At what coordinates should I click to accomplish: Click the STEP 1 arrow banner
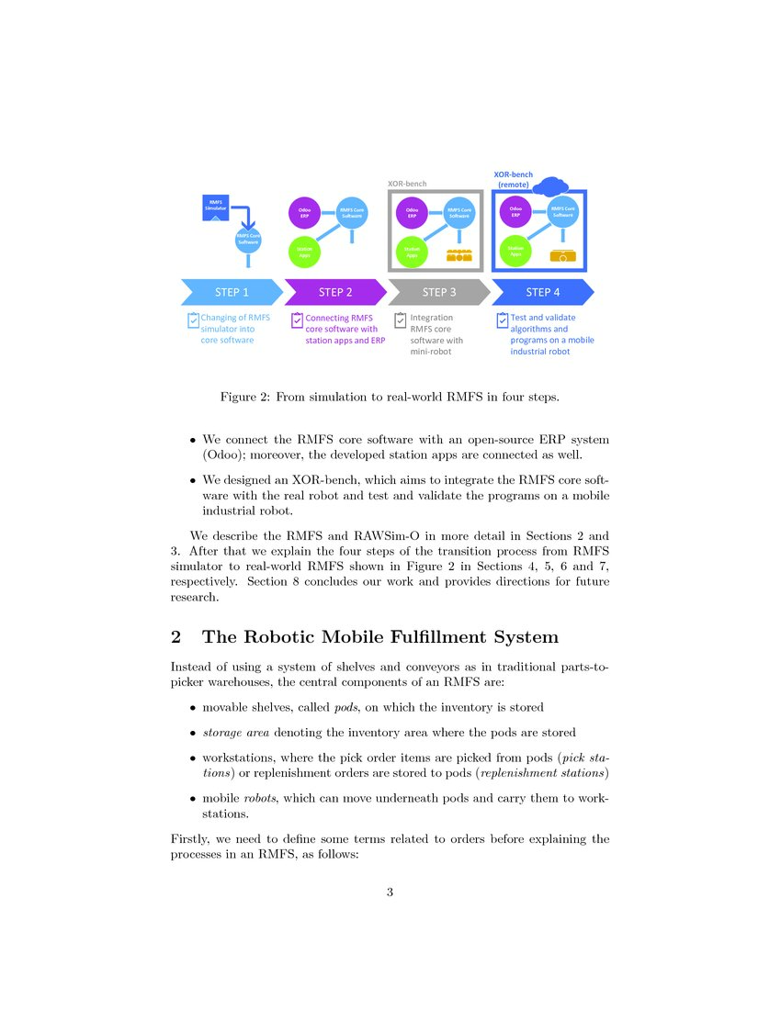click(x=232, y=292)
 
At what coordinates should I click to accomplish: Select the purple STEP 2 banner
click(x=335, y=292)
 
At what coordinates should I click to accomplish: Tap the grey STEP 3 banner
click(x=439, y=292)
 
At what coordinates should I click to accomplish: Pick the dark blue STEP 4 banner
click(x=543, y=292)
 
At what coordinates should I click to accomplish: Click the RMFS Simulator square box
click(x=215, y=207)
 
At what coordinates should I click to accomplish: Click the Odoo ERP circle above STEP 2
click(x=304, y=213)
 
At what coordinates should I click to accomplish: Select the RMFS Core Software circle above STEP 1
click(x=248, y=240)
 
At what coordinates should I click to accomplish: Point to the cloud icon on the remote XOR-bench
click(x=551, y=187)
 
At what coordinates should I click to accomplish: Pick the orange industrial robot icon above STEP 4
click(x=562, y=254)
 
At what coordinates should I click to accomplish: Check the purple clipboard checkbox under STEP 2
click(x=297, y=320)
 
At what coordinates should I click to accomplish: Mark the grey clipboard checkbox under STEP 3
click(x=401, y=320)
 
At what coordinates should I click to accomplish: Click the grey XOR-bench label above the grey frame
click(x=407, y=184)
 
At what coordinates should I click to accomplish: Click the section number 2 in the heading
click(x=176, y=637)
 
